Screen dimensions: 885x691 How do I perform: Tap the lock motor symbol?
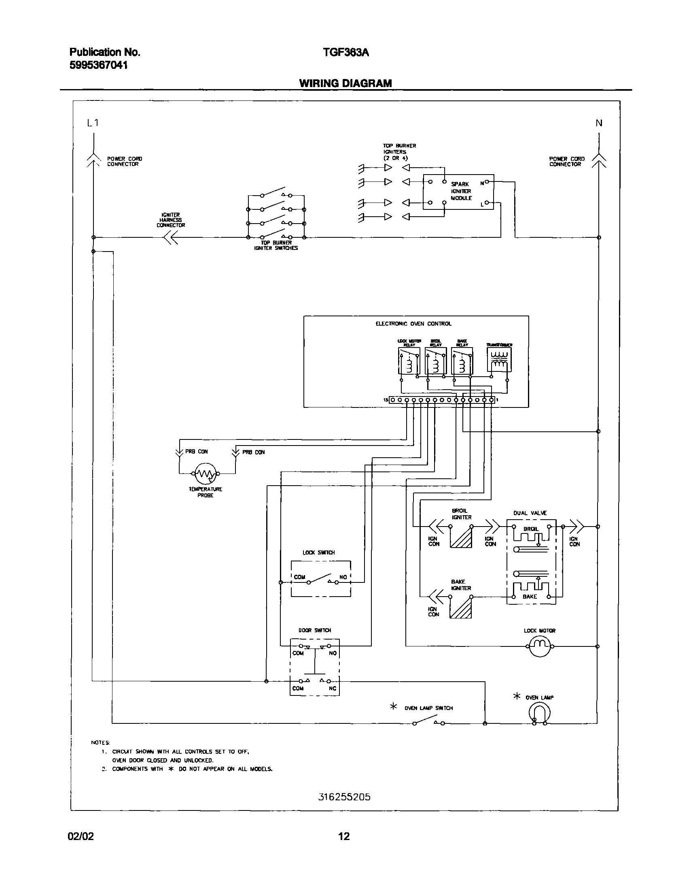(x=540, y=646)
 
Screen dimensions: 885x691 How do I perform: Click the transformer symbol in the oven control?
(x=499, y=360)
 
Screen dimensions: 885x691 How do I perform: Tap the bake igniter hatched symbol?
(x=461, y=608)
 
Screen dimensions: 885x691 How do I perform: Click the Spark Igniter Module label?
(x=461, y=191)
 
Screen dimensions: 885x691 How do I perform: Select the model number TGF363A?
(x=346, y=53)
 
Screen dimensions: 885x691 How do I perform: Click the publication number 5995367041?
(x=98, y=65)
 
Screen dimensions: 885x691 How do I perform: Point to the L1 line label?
(x=93, y=123)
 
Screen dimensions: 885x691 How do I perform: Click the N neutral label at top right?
(x=599, y=123)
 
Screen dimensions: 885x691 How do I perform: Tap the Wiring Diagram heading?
(x=345, y=83)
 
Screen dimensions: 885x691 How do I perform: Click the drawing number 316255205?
(x=344, y=798)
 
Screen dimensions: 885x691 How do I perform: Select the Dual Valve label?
(x=530, y=513)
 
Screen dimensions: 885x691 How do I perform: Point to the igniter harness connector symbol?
(x=171, y=238)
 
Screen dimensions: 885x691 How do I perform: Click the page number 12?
(x=343, y=836)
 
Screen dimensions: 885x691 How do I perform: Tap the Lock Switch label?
(x=318, y=553)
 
